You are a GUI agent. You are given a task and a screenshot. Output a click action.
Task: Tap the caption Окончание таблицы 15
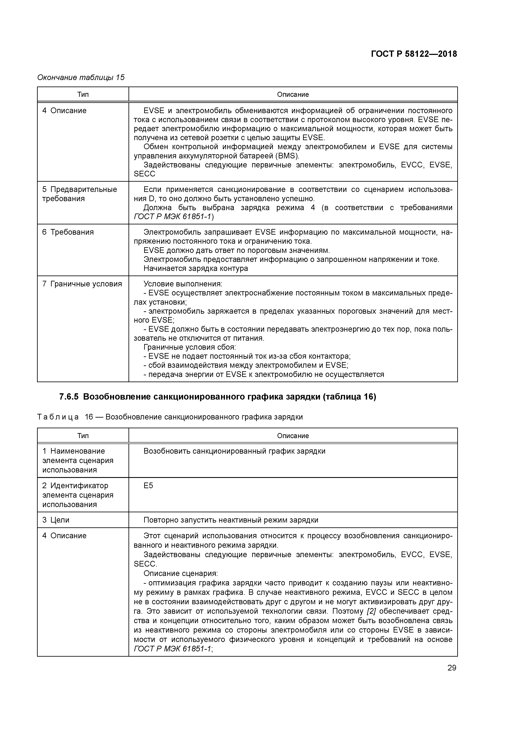81,78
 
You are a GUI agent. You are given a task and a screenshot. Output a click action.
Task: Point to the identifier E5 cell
148,486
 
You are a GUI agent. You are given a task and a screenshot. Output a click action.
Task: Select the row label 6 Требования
68,232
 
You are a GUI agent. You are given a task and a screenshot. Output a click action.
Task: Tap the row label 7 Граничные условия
82,284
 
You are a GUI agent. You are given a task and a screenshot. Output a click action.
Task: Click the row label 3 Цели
56,520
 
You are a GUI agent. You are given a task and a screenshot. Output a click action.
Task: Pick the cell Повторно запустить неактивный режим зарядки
231,520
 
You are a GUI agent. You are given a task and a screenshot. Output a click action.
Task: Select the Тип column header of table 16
83,436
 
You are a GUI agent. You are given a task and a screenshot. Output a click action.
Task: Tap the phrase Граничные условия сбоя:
189,347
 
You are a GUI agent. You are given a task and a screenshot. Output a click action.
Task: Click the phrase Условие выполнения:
183,284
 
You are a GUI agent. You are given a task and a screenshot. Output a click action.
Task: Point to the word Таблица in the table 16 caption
58,417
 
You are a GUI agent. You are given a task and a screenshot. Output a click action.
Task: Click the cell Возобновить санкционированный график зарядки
234,451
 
